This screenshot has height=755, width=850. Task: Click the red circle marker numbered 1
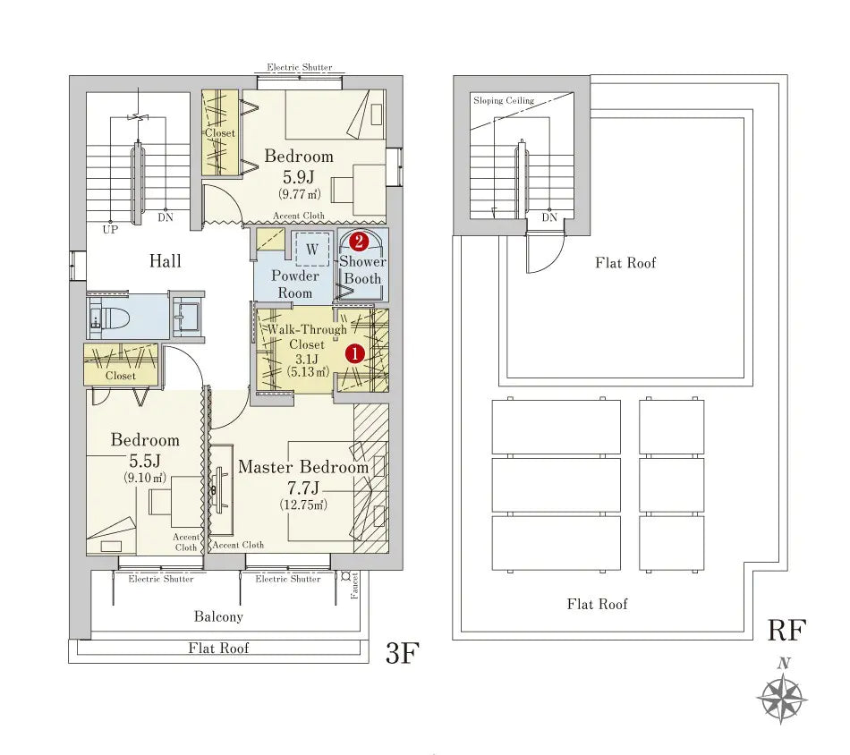tap(355, 353)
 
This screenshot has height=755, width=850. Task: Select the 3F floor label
tap(403, 654)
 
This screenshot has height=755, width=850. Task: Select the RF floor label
tap(787, 630)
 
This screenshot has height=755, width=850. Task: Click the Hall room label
tap(166, 261)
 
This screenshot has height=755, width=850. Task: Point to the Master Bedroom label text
tap(303, 468)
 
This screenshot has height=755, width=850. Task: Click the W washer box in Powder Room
tap(311, 250)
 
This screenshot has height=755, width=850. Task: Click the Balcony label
tap(218, 617)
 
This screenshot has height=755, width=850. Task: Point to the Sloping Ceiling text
tap(503, 100)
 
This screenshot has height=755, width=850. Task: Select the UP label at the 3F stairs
tap(109, 230)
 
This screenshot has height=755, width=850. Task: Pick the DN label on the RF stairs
tap(548, 217)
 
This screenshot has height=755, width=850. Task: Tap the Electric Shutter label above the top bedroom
tap(299, 68)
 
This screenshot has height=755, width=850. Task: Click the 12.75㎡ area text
tap(303, 505)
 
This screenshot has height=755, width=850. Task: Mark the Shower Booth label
tap(362, 270)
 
